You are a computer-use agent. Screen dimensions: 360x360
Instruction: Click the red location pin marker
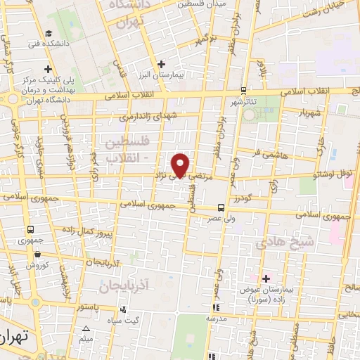181,165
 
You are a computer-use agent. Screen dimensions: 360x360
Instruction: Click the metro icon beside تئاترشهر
243,90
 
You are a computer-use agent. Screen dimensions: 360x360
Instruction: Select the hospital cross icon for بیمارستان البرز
162,64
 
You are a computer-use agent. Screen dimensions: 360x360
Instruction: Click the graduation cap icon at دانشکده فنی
49,34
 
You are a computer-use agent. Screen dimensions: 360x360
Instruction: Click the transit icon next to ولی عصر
221,207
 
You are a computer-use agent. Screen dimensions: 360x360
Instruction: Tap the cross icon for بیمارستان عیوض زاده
265,279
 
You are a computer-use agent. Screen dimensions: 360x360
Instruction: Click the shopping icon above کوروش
37,255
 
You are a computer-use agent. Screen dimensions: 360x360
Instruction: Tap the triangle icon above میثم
86,328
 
